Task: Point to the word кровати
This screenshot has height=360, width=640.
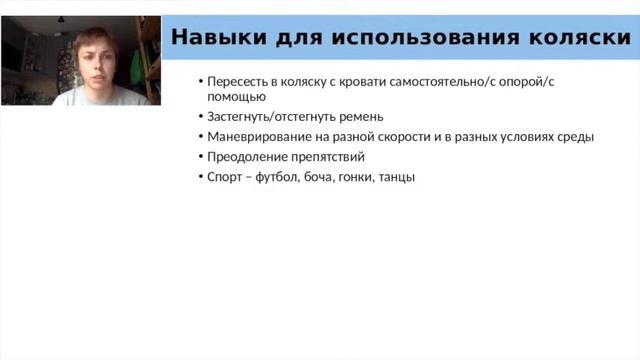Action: pyautogui.click(x=389, y=81)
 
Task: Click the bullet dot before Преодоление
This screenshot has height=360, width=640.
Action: pyautogui.click(x=200, y=157)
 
